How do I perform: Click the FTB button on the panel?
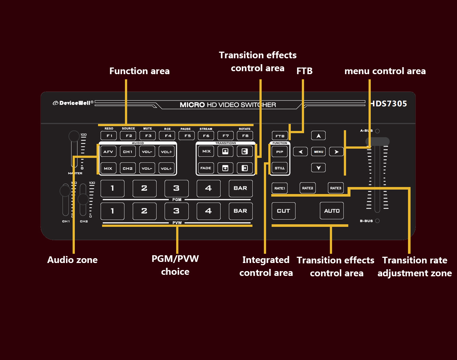point(280,136)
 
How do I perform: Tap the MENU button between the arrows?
point(318,152)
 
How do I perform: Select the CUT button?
point(283,211)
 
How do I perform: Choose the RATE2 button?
point(307,188)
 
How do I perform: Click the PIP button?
point(280,152)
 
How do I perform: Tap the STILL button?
point(280,168)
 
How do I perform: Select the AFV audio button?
point(108,152)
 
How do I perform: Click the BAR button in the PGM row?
point(240,188)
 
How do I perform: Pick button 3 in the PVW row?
point(176,211)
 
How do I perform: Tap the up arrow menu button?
point(318,136)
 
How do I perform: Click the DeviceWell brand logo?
point(73,103)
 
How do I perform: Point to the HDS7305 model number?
point(388,104)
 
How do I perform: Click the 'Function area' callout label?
point(139,71)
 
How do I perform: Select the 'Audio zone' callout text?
point(72,260)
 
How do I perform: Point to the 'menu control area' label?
point(385,71)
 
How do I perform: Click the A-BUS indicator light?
point(377,131)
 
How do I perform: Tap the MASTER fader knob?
point(74,136)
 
